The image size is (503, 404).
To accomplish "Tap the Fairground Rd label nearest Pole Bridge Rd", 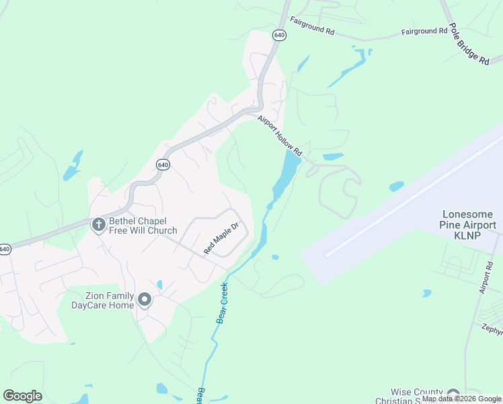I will pyautogui.click(x=424, y=31).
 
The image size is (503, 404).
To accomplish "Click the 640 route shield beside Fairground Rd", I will pyautogui.click(x=280, y=34).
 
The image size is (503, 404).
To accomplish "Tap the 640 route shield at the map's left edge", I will pyautogui.click(x=5, y=249).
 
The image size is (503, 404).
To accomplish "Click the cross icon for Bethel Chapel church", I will pyautogui.click(x=98, y=224).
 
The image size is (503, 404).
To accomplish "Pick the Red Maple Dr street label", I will pyautogui.click(x=222, y=238).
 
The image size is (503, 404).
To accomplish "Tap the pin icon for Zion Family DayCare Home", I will pyautogui.click(x=144, y=298).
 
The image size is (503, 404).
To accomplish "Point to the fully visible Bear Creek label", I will pyautogui.click(x=223, y=302).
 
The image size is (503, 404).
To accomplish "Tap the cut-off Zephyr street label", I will pyautogui.click(x=492, y=329).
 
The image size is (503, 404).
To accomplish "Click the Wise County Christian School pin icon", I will pyautogui.click(x=453, y=395).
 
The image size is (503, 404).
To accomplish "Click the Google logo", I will pyautogui.click(x=22, y=396).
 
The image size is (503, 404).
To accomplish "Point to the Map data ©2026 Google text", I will pyautogui.click(x=461, y=399).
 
